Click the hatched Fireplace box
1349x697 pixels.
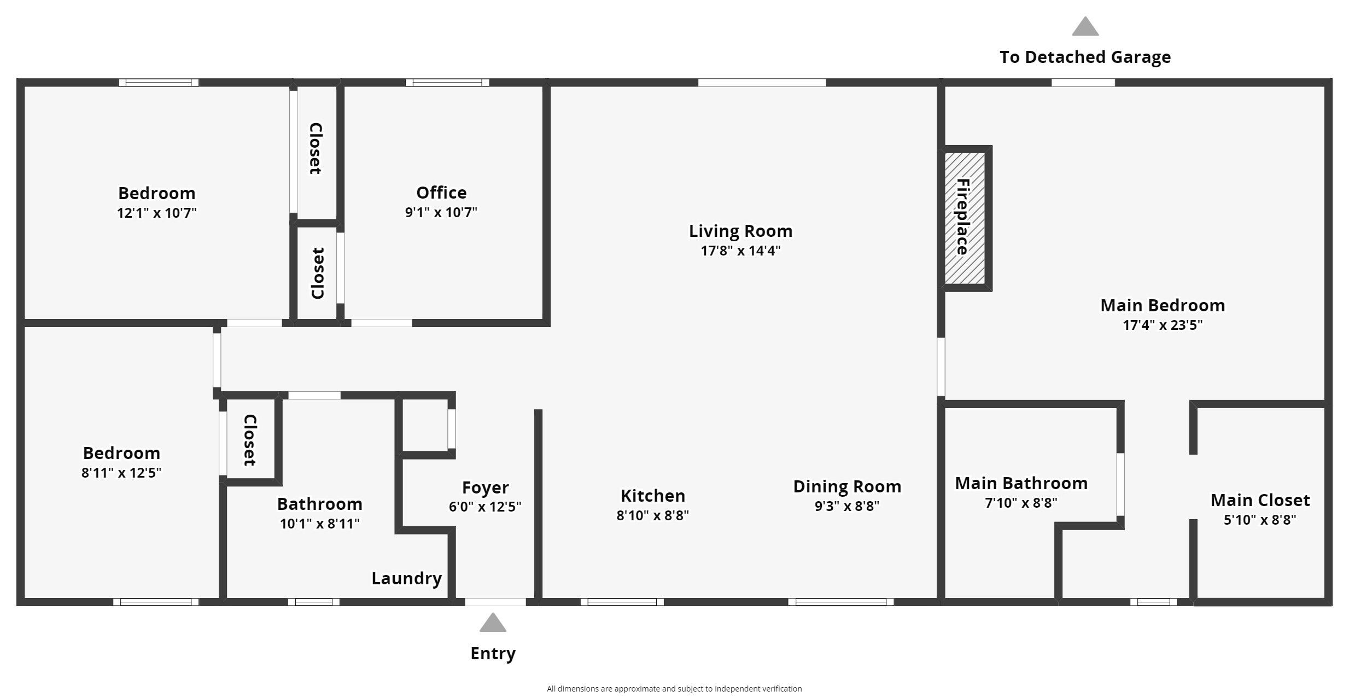pyautogui.click(x=965, y=218)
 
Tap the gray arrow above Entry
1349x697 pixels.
pyautogui.click(x=493, y=623)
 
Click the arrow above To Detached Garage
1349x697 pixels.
pyautogui.click(x=1085, y=27)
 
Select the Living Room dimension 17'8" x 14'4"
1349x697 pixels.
pyautogui.click(x=740, y=251)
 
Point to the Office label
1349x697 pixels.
pyautogui.click(x=441, y=193)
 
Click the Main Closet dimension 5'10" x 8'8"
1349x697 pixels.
pyautogui.click(x=1260, y=520)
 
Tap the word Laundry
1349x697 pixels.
pyautogui.click(x=406, y=578)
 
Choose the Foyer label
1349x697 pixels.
pyautogui.click(x=485, y=487)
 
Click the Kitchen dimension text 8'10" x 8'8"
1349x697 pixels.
pyautogui.click(x=652, y=515)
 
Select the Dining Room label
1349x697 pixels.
pyautogui.click(x=847, y=486)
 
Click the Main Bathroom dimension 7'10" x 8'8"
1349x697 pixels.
pyautogui.click(x=1021, y=503)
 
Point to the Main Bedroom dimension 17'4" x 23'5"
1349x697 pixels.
pyautogui.click(x=1163, y=325)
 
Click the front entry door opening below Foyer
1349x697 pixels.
pyautogui.click(x=495, y=602)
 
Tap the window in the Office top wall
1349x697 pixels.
pyautogui.click(x=447, y=83)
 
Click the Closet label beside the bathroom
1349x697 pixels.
pyautogui.click(x=250, y=440)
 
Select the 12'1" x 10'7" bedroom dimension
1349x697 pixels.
pyautogui.click(x=156, y=213)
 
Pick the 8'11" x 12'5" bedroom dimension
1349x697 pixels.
pyautogui.click(x=121, y=473)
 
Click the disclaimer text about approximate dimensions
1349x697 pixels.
pyautogui.click(x=674, y=689)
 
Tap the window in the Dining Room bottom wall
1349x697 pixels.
pyautogui.click(x=840, y=602)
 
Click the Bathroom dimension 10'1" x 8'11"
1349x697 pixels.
pyautogui.click(x=319, y=524)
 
